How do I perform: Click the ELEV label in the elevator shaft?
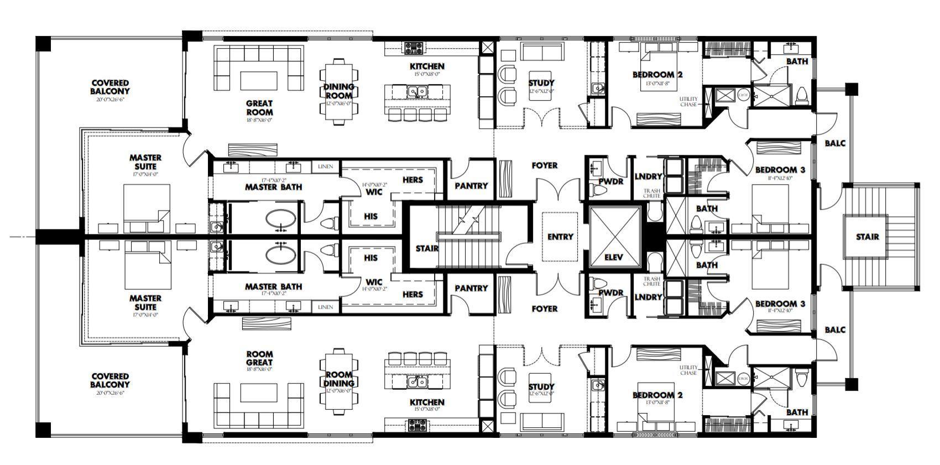coord(614,258)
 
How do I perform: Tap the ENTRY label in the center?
coord(560,237)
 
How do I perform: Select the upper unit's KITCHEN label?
coord(427,66)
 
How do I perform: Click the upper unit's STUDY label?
coord(541,83)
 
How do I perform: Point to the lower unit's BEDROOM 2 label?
coord(657,395)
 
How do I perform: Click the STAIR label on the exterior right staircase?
coord(867,237)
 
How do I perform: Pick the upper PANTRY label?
coord(471,186)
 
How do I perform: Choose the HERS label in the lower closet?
coord(412,294)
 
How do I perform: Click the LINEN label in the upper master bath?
coord(325,166)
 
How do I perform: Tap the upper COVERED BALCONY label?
coord(110,87)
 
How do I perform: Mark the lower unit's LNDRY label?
coord(648,297)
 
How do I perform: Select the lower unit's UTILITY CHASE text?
coord(688,370)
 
